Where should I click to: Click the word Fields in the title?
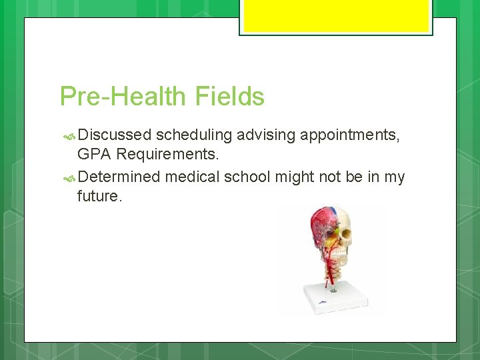[x=230, y=97]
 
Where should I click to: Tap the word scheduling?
[x=194, y=135]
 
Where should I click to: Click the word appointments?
[x=350, y=135]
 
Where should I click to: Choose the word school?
[x=246, y=177]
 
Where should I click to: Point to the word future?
[x=99, y=197]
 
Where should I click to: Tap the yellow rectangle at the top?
[x=336, y=16]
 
